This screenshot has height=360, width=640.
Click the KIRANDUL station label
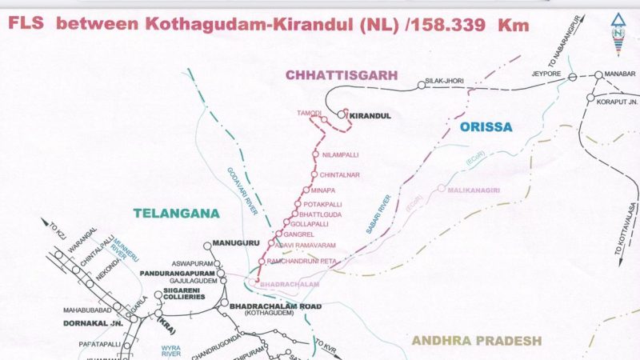click(x=370, y=116)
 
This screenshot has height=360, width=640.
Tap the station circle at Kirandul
click(x=342, y=115)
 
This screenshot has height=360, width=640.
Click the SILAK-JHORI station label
click(x=446, y=81)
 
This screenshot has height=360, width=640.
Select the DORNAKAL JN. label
click(x=92, y=323)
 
